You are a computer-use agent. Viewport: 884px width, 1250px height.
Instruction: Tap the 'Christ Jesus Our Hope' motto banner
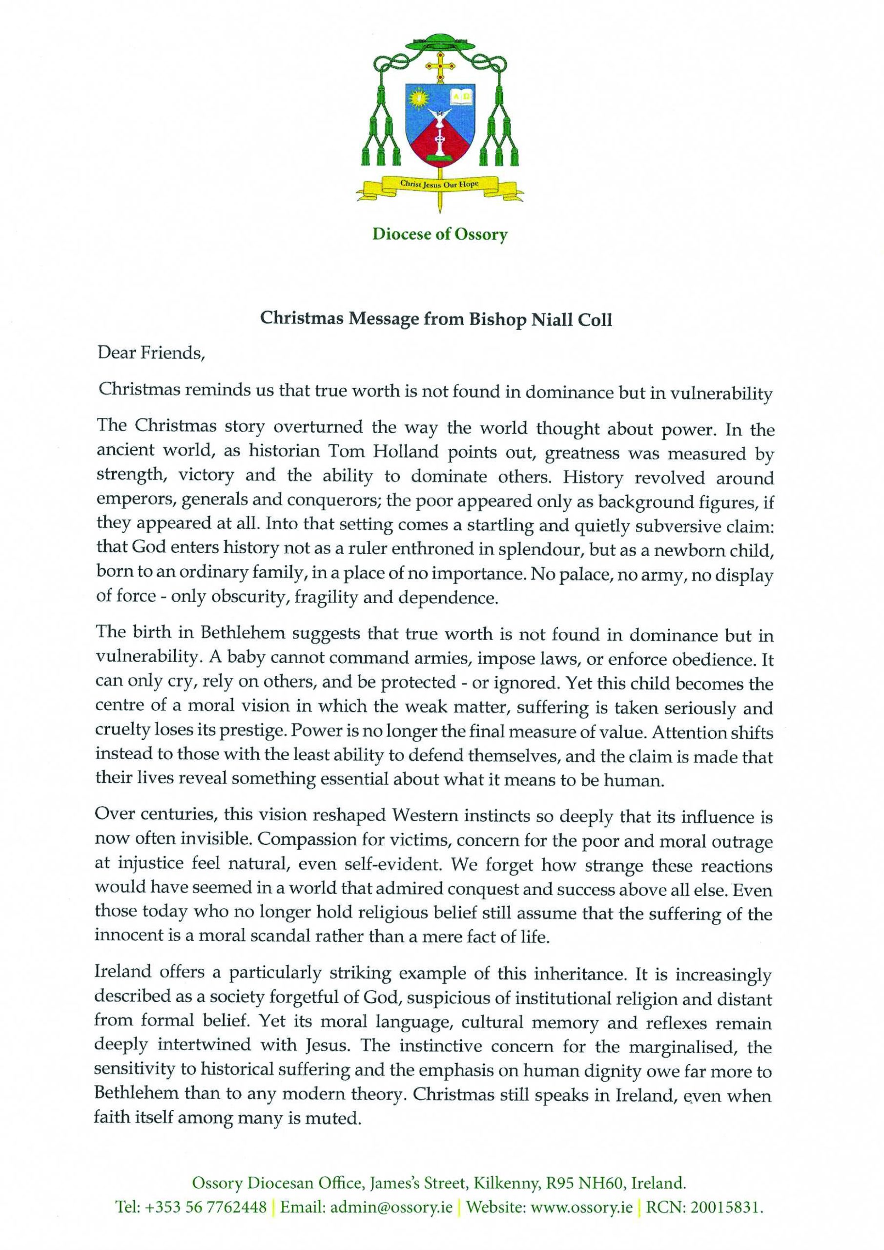(439, 184)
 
